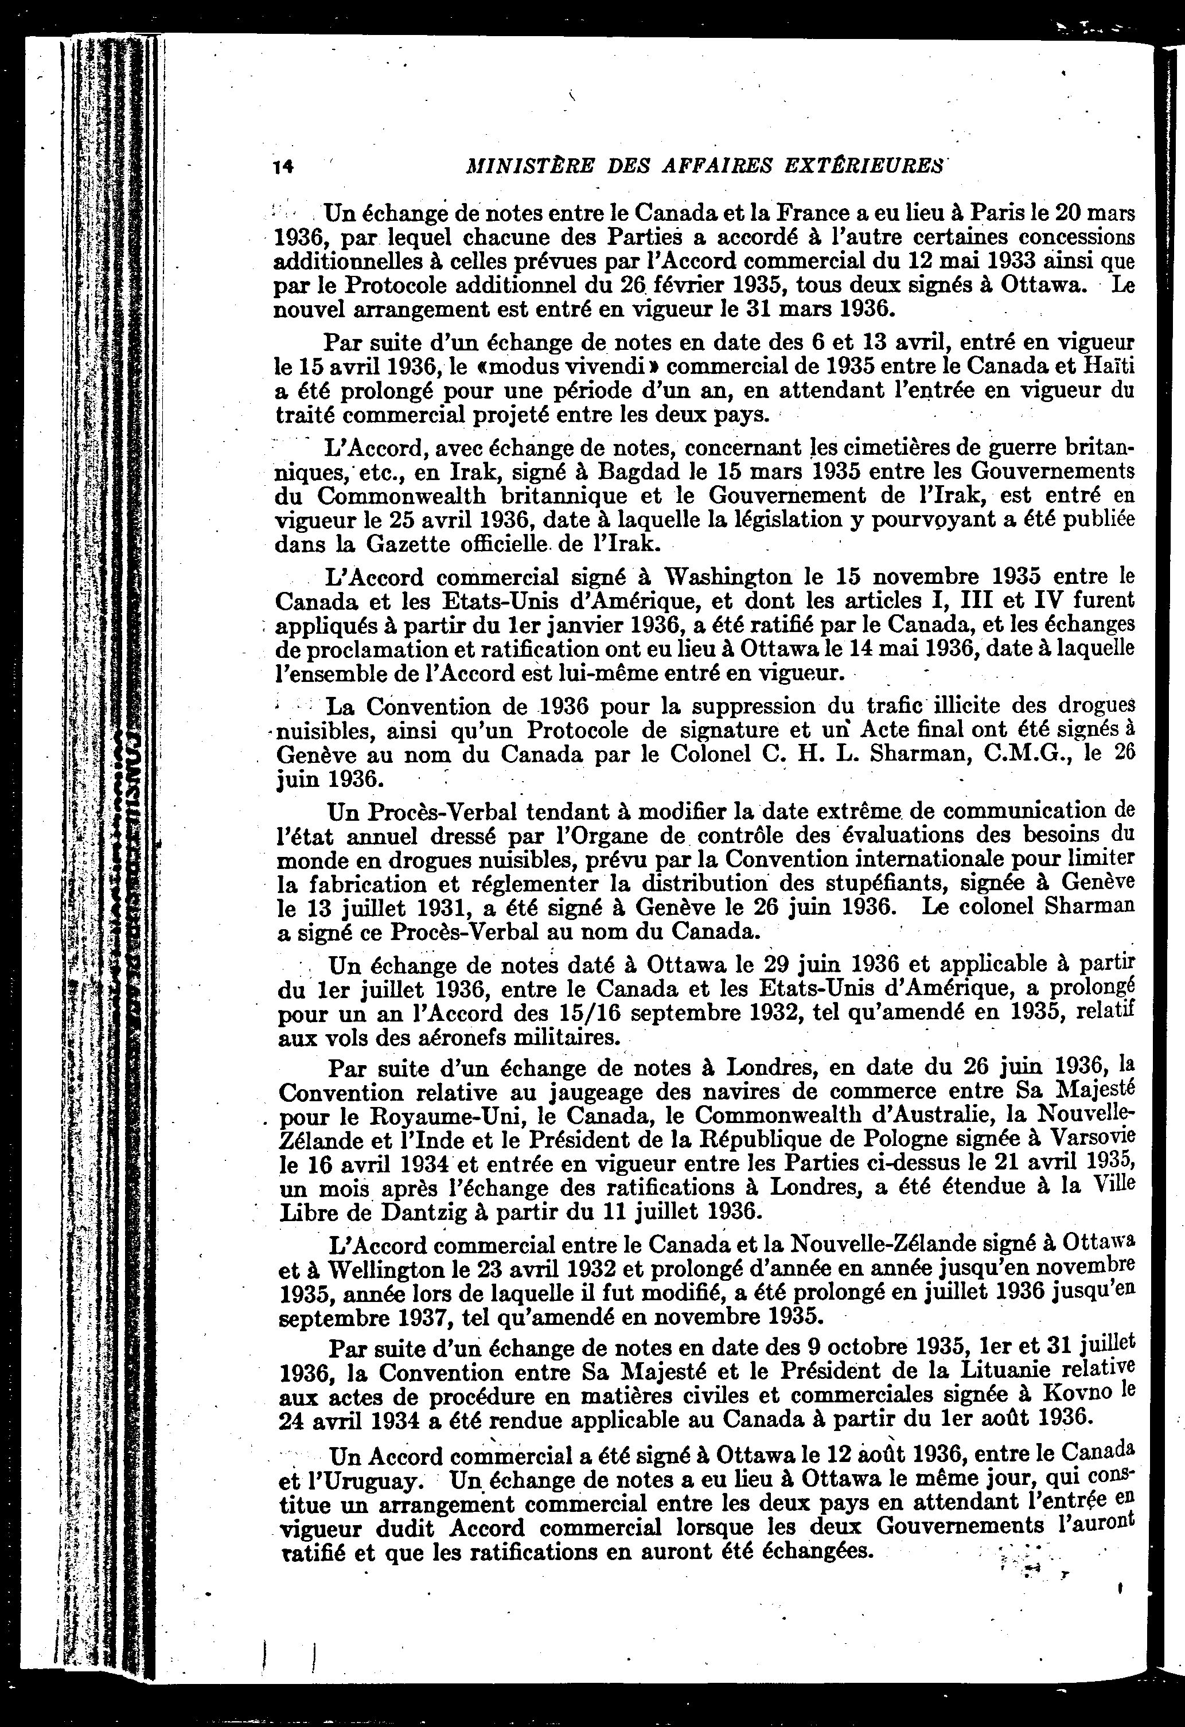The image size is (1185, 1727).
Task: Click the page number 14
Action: click(x=283, y=166)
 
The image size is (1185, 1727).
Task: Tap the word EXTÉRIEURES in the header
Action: click(x=864, y=165)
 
